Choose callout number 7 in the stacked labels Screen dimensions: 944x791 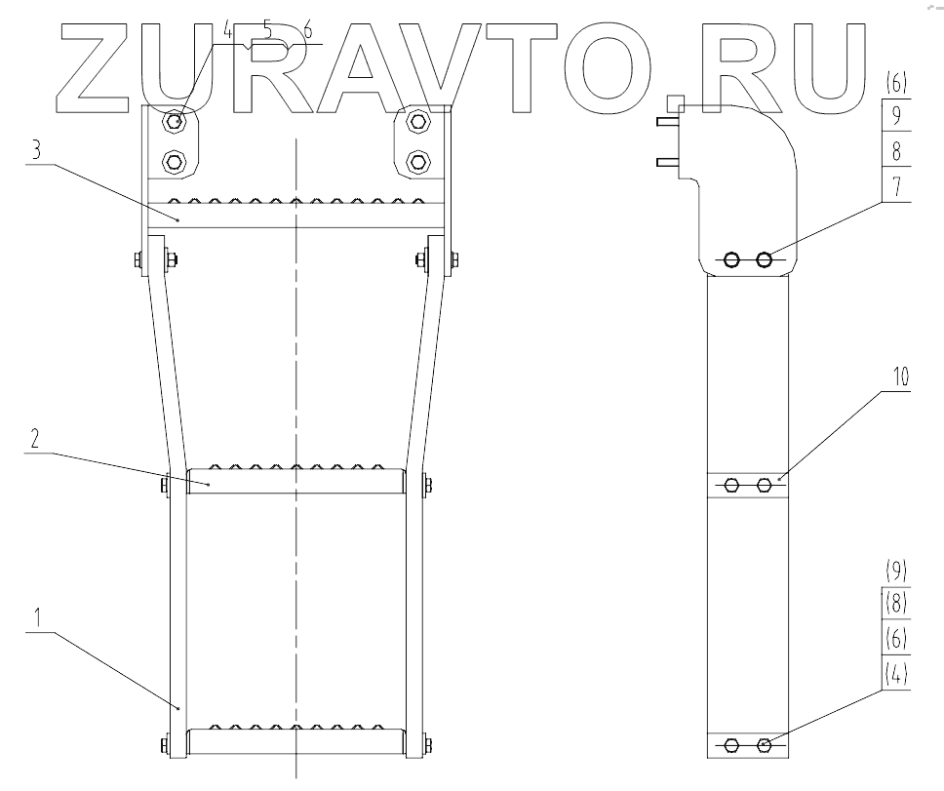click(896, 184)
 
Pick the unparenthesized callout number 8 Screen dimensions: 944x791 click(896, 151)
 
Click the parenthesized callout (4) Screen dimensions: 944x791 click(896, 672)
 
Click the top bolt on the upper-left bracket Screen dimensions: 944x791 click(176, 121)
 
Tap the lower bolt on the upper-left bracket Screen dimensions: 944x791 click(176, 159)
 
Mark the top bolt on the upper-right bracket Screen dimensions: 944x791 click(418, 121)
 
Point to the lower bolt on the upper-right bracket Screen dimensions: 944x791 click(418, 159)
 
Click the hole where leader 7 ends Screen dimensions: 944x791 click(765, 259)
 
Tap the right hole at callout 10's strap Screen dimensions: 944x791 click(765, 484)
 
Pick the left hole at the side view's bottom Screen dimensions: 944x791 click(731, 746)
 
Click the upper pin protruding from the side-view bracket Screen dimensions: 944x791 click(667, 124)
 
